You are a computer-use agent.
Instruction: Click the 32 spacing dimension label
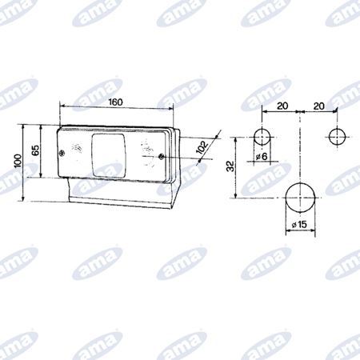[x=230, y=167]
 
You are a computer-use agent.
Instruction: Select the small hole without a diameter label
[x=337, y=135]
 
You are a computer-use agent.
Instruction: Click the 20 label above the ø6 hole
[x=282, y=105]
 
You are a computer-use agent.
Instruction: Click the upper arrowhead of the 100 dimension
[x=26, y=126]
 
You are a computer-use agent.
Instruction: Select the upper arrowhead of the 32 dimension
[x=238, y=138]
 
